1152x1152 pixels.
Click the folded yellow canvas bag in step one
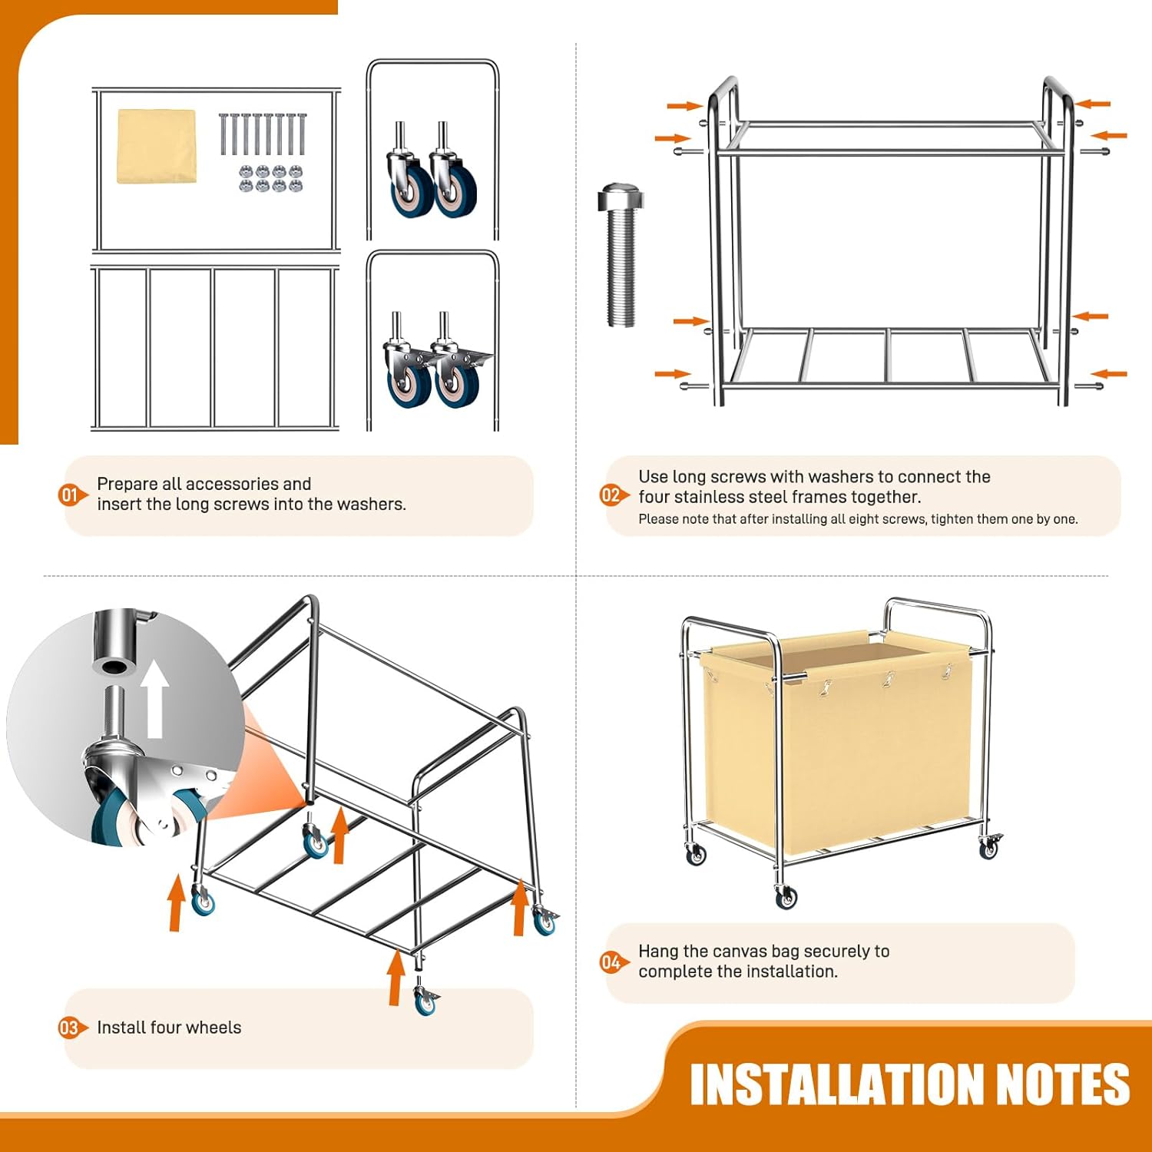point(156,146)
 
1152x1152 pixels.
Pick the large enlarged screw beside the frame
point(620,254)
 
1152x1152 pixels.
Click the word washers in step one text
point(372,505)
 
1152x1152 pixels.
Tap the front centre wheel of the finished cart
point(786,895)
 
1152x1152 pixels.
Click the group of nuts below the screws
point(271,178)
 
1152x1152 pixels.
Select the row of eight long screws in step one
point(263,134)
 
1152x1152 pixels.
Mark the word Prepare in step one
point(127,485)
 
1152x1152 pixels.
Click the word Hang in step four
point(657,952)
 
